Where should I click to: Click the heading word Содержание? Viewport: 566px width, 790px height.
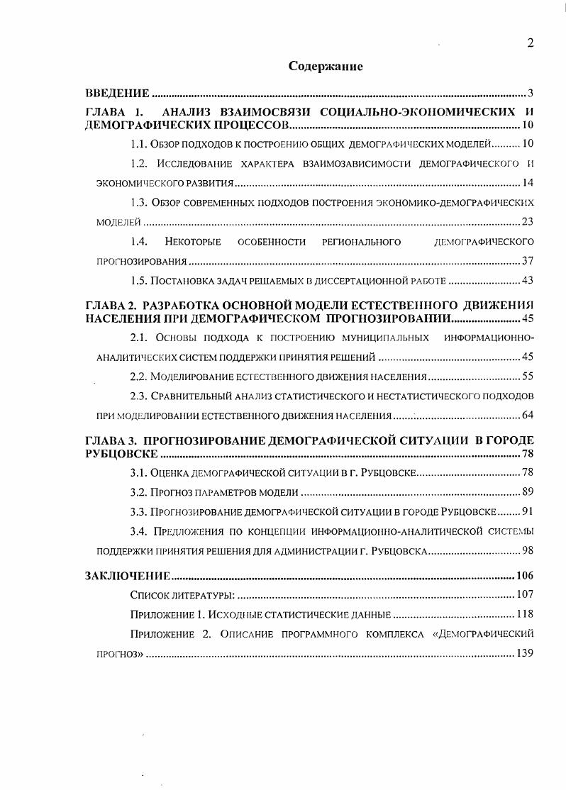click(x=326, y=67)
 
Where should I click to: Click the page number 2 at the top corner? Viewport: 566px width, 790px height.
click(x=530, y=43)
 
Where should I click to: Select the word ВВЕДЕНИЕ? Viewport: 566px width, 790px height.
click(x=117, y=94)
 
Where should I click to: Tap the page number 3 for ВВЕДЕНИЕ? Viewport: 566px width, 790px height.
click(x=530, y=94)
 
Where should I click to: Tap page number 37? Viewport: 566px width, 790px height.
click(x=527, y=261)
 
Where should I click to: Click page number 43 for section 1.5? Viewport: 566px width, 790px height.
click(x=527, y=281)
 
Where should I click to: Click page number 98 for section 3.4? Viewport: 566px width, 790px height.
click(x=527, y=550)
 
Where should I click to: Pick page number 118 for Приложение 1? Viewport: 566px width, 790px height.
click(x=524, y=614)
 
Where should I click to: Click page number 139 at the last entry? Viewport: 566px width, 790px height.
click(x=524, y=653)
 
